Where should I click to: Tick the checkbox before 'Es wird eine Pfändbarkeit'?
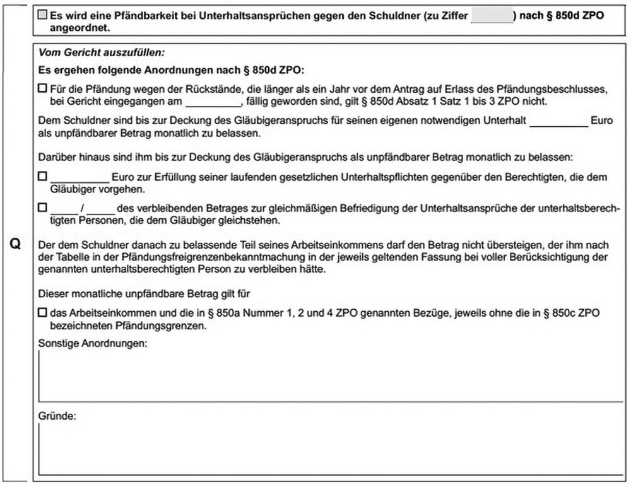click(x=42, y=14)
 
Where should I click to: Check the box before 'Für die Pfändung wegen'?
click(x=42, y=90)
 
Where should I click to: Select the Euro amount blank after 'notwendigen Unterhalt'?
click(x=558, y=121)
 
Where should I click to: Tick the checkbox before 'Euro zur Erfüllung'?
click(x=42, y=178)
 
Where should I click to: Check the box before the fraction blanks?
click(x=42, y=208)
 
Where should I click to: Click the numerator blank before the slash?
click(x=63, y=208)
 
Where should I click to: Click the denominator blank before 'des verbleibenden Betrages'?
click(x=100, y=208)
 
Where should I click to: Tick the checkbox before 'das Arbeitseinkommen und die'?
click(x=42, y=312)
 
